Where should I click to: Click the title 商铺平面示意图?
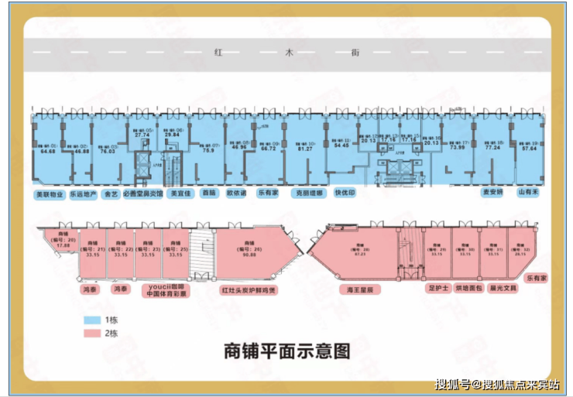coord(286,351)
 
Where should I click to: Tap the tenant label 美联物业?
coord(49,194)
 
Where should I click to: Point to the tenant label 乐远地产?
coord(83,194)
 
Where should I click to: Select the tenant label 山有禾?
coord(529,191)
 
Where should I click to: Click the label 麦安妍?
coord(493,191)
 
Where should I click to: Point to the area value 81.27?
coord(304,149)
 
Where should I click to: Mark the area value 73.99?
coord(458,148)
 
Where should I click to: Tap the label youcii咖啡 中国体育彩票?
coord(165,290)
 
